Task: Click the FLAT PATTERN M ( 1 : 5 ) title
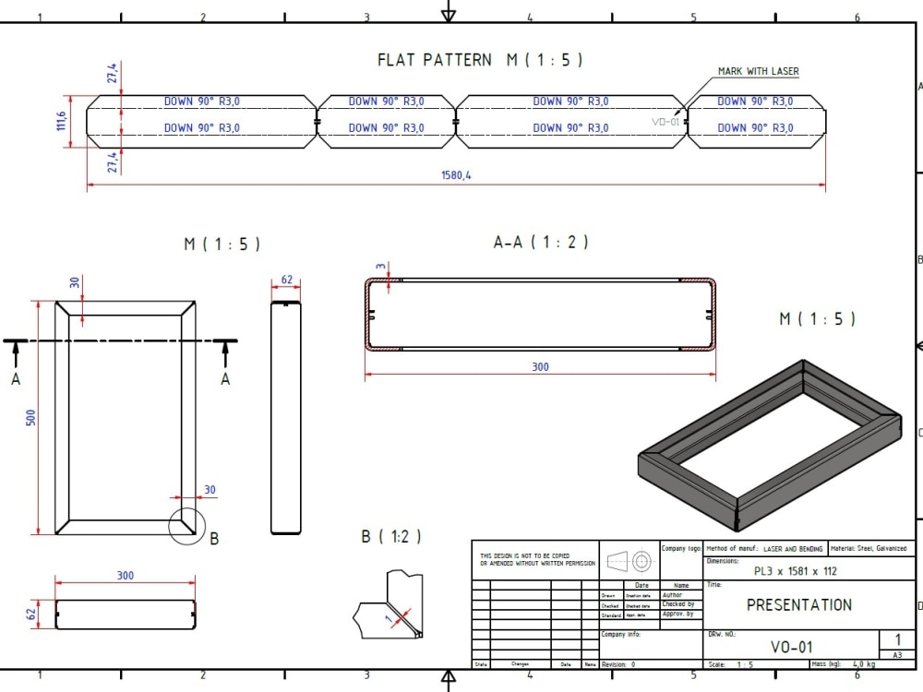pos(480,60)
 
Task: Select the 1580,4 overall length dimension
pos(456,175)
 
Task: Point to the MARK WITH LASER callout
pos(758,71)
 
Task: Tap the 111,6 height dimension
pos(62,121)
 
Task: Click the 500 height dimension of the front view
pos(30,418)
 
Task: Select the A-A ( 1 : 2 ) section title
pos(541,243)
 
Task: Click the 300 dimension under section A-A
pos(540,366)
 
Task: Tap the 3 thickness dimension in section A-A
pos(381,267)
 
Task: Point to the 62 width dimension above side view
pos(286,280)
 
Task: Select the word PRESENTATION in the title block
pos(798,605)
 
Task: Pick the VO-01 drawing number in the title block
pos(791,648)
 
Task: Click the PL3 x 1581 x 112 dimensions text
pos(795,571)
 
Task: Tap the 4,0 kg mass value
pos(864,664)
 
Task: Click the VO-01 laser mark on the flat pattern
pos(665,121)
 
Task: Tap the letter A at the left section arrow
pos(16,378)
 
